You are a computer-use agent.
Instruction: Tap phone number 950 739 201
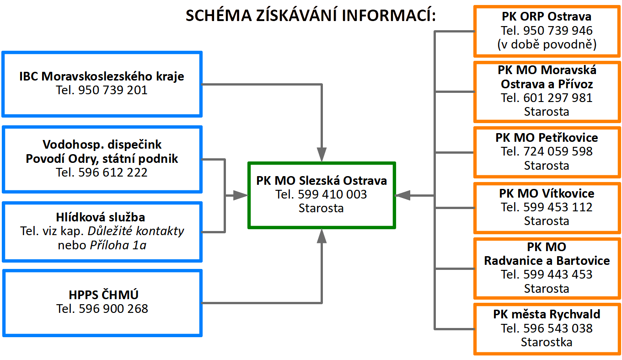[113, 90]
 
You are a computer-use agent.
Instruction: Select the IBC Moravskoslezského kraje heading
[102, 76]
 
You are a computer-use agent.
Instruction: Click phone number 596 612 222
[113, 172]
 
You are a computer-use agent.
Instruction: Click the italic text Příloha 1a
[118, 245]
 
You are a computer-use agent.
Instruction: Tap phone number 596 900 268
[113, 309]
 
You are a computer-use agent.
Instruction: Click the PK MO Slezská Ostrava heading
[322, 180]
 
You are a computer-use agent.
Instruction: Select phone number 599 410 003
[332, 194]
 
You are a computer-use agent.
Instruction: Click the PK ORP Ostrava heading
[546, 17]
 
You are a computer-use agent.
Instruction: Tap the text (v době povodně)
[546, 45]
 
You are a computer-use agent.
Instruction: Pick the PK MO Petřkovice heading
[546, 138]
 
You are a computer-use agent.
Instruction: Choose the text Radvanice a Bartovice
[547, 261]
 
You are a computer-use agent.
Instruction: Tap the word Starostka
[546, 342]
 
